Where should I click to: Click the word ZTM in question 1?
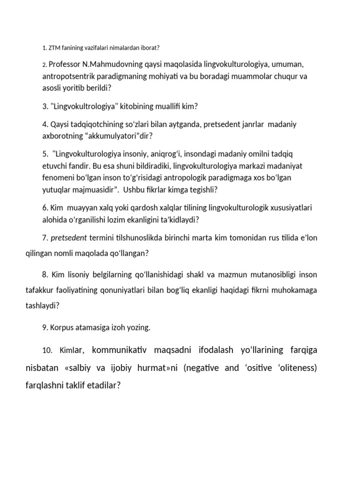(x=54, y=48)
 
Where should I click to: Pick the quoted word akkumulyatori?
(x=112, y=136)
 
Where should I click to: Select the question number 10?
(x=47, y=350)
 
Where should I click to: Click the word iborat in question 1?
(x=150, y=48)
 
